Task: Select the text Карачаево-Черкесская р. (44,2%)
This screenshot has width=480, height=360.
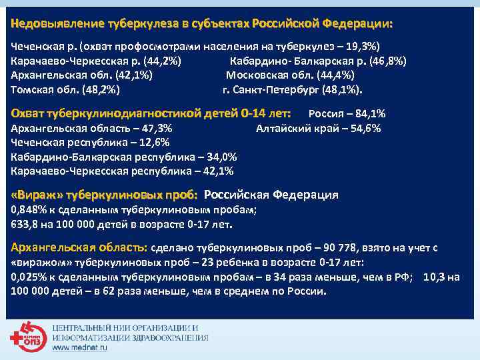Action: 97,61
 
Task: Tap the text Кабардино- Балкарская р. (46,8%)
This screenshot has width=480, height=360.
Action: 318,61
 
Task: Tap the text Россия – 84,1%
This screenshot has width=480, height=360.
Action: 349,113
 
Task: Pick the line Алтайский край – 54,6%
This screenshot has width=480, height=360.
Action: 319,128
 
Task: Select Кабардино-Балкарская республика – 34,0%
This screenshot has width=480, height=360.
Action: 124,157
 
